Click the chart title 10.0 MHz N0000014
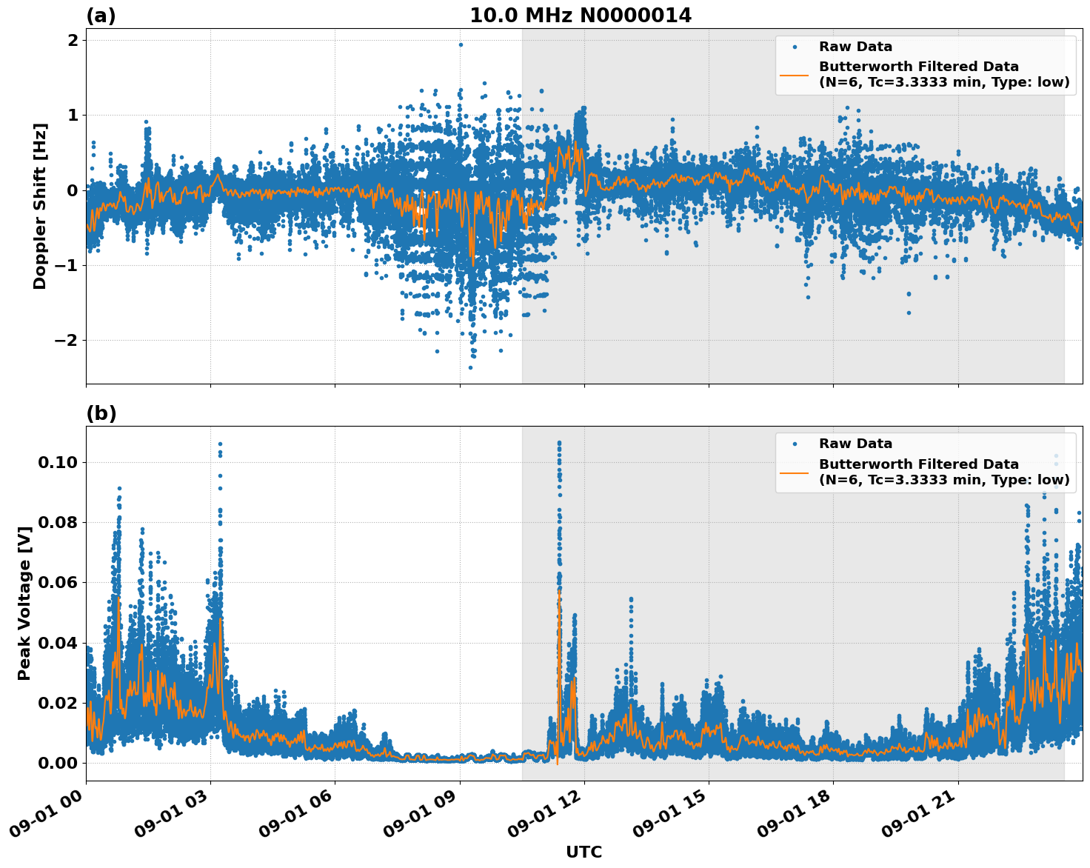point(581,16)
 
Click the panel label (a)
point(101,16)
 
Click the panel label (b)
point(101,413)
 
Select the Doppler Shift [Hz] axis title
point(40,206)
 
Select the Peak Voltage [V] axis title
point(24,604)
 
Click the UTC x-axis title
point(584,852)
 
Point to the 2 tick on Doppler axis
point(73,40)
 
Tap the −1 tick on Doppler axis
point(67,265)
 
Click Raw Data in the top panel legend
point(855,47)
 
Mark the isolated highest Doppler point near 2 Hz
point(461,44)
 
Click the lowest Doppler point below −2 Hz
point(470,367)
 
